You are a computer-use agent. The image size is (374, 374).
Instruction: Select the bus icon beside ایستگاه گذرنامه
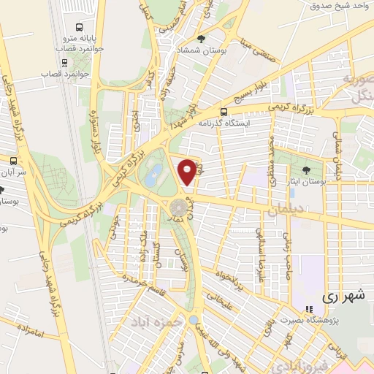pyautogui.click(x=224, y=112)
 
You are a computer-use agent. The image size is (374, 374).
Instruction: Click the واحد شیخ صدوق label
pyautogui.click(x=337, y=6)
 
